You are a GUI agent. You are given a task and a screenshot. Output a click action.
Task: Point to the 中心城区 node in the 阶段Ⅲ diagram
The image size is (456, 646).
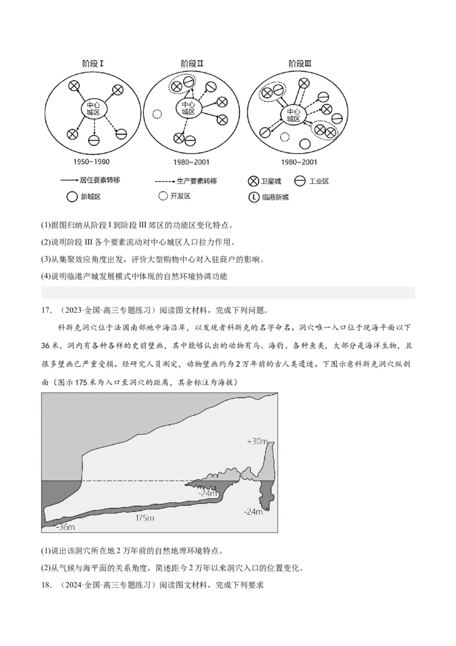pyautogui.click(x=293, y=115)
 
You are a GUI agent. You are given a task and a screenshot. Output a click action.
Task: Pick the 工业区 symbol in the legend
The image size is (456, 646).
pyautogui.click(x=299, y=181)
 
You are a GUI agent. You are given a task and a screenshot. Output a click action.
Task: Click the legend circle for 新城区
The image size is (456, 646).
pyautogui.click(x=71, y=197)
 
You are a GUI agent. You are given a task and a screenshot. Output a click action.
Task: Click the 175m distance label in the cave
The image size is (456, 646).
pyautogui.click(x=145, y=518)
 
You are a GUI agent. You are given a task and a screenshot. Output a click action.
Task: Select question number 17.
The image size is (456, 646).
pyautogui.click(x=47, y=311)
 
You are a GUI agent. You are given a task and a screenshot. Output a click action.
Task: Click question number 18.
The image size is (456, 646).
pyautogui.click(x=47, y=586)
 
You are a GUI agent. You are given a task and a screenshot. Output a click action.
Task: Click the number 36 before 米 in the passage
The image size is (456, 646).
pyautogui.click(x=48, y=346)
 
